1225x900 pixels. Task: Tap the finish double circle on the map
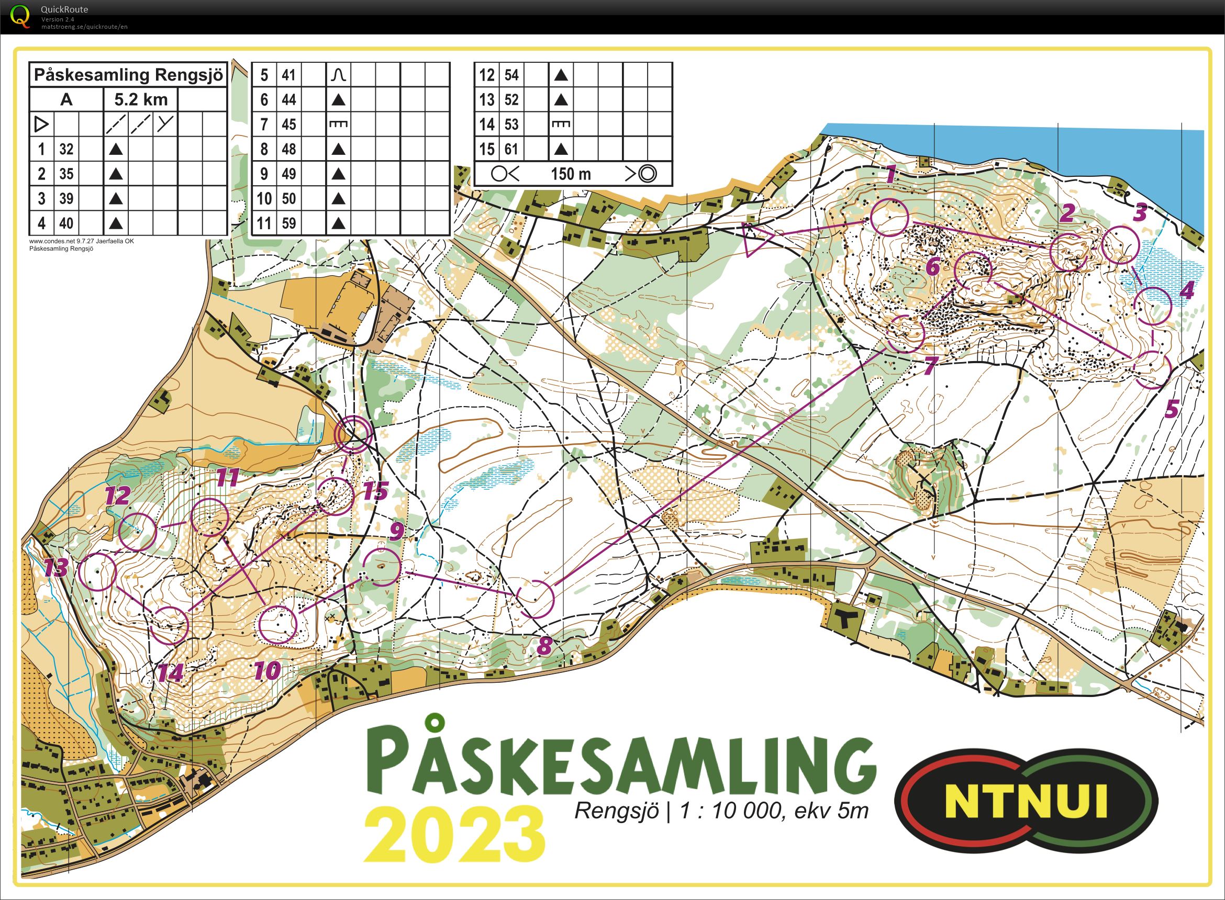(354, 434)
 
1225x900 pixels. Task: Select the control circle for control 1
(889, 217)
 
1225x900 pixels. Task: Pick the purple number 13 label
(56, 568)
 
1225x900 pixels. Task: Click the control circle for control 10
(277, 624)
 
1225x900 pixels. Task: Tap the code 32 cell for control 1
(66, 149)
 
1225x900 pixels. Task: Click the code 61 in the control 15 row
(511, 149)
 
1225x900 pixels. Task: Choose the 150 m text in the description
(571, 174)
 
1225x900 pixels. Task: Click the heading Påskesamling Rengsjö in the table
(128, 75)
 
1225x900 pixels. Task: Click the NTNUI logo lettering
(1026, 800)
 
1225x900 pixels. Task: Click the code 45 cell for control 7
(289, 124)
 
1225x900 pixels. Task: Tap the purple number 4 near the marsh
(1186, 290)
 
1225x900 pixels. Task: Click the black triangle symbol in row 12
(561, 75)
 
